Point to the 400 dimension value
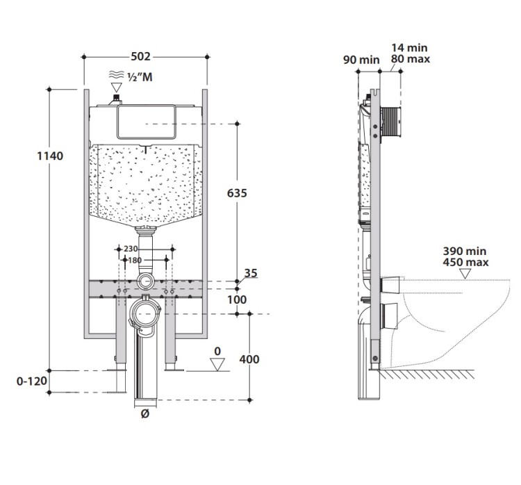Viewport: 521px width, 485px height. (x=248, y=359)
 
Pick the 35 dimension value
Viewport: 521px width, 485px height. (x=251, y=274)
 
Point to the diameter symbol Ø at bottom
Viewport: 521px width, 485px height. (x=144, y=415)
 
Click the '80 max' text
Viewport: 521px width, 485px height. (x=410, y=60)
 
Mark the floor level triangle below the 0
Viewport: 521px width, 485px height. (x=217, y=363)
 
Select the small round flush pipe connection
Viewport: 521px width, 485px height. (x=147, y=281)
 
